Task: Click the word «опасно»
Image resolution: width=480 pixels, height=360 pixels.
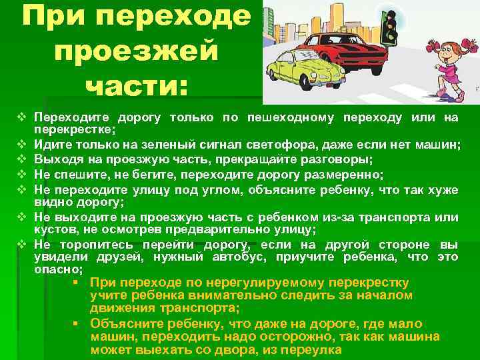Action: pos(57,269)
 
